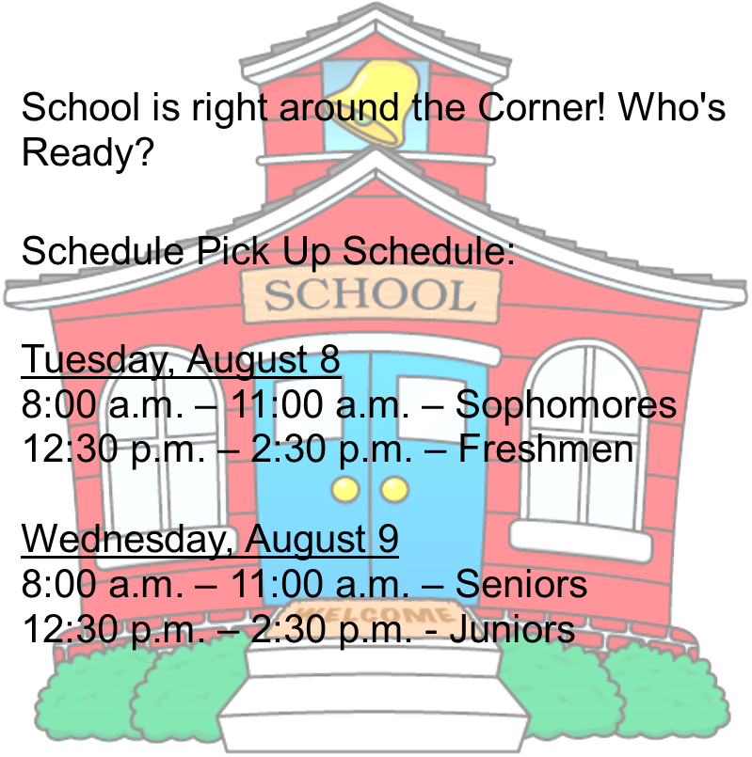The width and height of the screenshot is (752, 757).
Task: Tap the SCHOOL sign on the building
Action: [x=370, y=295]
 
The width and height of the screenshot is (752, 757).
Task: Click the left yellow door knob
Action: [x=346, y=489]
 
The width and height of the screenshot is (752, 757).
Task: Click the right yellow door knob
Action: [x=393, y=489]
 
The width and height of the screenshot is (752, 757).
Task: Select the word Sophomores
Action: [x=566, y=405]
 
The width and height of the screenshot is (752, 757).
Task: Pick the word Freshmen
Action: [x=546, y=449]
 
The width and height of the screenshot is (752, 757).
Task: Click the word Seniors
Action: [x=521, y=585]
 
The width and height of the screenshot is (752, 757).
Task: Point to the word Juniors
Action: [x=512, y=628]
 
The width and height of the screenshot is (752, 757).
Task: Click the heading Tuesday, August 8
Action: [x=181, y=360]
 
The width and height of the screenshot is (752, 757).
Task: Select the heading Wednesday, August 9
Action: [x=210, y=540]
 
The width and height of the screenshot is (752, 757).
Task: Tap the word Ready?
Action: [x=88, y=151]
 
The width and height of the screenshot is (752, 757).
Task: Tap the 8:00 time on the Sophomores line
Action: [x=58, y=405]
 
